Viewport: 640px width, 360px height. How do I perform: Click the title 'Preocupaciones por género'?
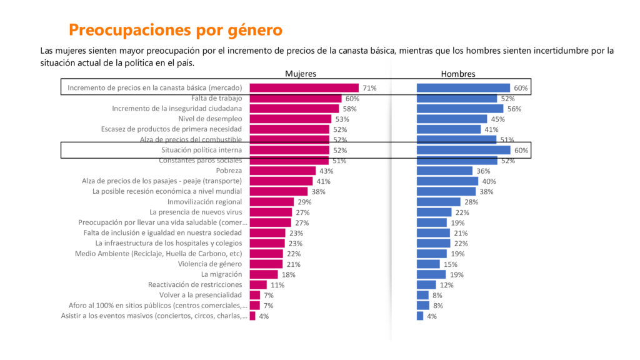pyautogui.click(x=175, y=29)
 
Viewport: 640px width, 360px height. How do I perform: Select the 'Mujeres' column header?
pyautogui.click(x=301, y=74)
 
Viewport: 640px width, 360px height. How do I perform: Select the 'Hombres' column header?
pyautogui.click(x=458, y=74)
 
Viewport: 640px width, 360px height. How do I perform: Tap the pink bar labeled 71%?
pyautogui.click(x=304, y=88)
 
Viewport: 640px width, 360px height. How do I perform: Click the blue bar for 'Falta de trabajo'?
pyautogui.click(x=456, y=99)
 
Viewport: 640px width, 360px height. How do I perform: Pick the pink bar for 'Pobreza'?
pyautogui.click(x=282, y=171)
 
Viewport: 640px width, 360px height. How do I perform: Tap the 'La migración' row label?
pyautogui.click(x=221, y=274)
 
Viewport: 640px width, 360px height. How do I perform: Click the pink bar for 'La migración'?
pyautogui.click(x=263, y=274)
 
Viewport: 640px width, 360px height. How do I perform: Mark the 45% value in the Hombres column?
pyautogui.click(x=498, y=119)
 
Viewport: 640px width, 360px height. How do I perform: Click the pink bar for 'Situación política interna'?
pyautogui.click(x=289, y=150)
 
